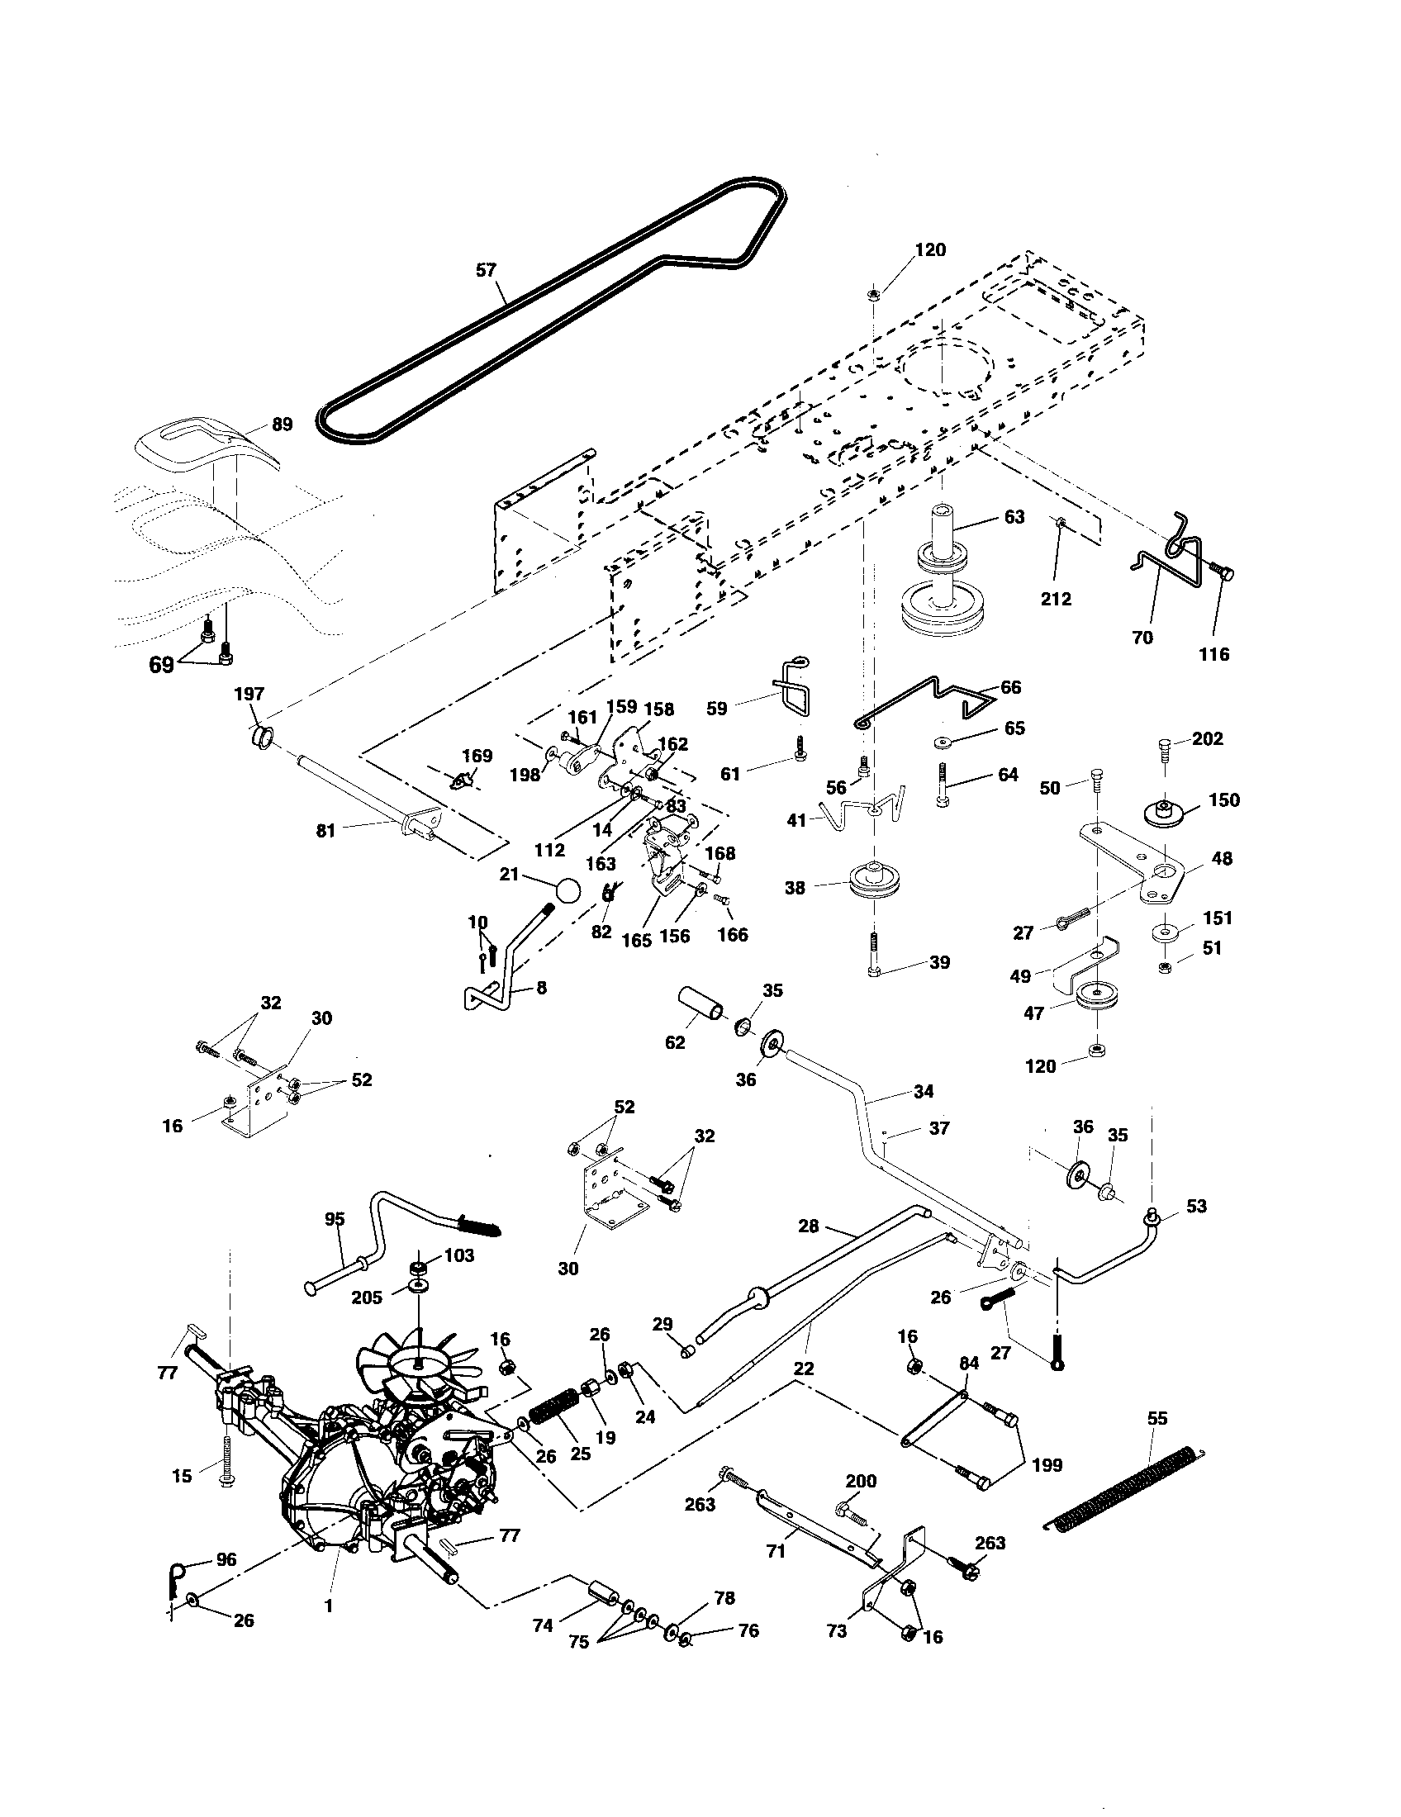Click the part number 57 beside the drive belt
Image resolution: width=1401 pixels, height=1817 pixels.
click(486, 269)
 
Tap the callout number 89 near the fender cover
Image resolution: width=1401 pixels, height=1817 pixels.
click(282, 425)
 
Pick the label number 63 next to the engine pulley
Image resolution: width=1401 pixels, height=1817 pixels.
click(1014, 517)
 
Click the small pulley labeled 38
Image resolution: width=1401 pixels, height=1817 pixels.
click(874, 882)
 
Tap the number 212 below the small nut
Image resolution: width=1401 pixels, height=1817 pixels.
click(1056, 598)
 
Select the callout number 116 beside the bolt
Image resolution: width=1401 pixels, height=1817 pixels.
click(1213, 654)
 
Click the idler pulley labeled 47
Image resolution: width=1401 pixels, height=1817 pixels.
click(1096, 999)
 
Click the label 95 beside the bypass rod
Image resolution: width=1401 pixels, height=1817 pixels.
click(334, 1220)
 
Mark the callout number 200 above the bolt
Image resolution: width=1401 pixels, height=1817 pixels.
click(861, 1481)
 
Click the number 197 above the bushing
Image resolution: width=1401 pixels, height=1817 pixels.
click(249, 694)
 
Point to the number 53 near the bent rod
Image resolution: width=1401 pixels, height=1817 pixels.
click(1196, 1206)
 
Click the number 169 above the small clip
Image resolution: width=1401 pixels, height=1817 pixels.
click(477, 756)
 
